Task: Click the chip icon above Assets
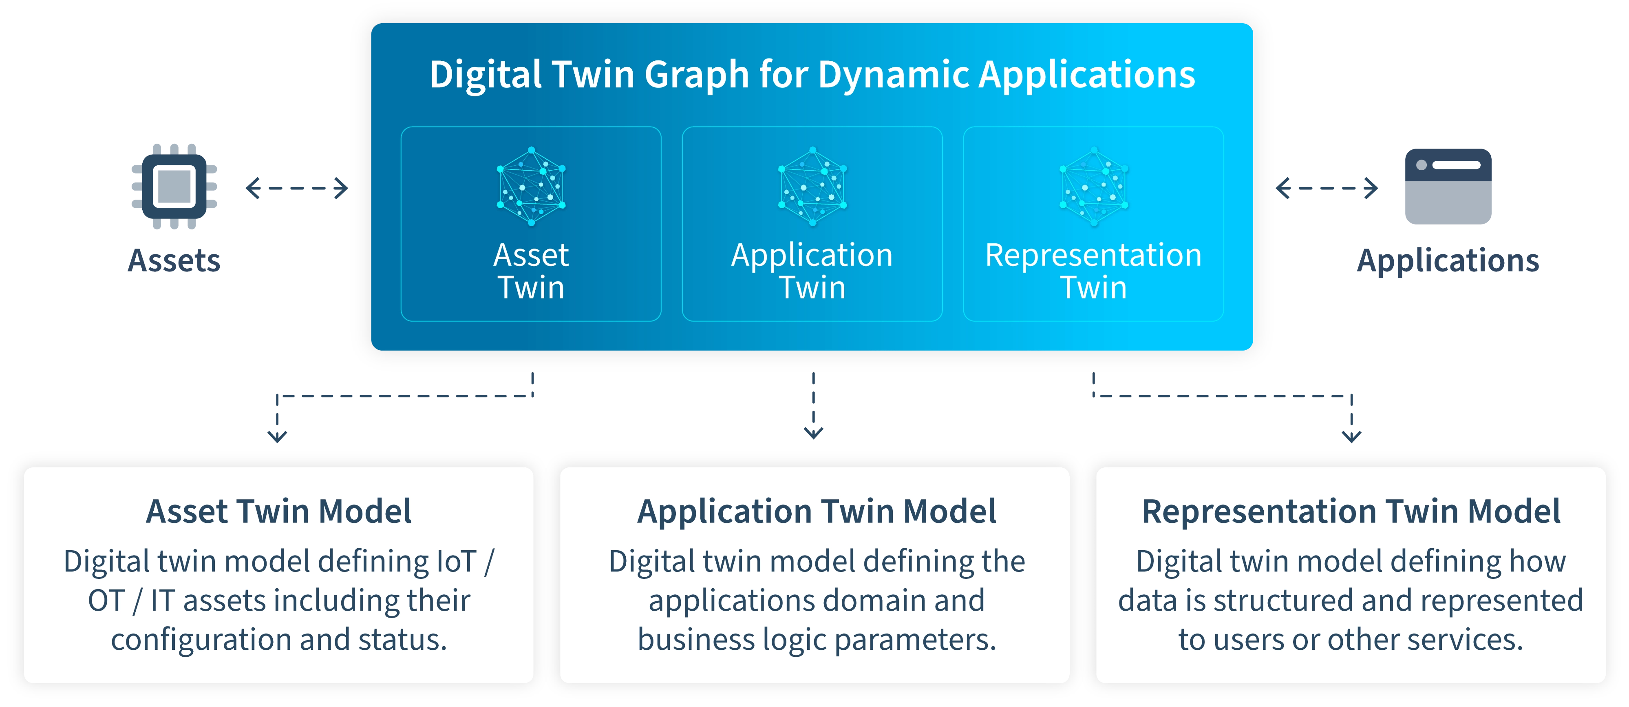(174, 186)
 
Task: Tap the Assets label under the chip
(174, 261)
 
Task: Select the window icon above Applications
(1448, 186)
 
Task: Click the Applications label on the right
(1448, 261)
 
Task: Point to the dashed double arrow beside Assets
(297, 188)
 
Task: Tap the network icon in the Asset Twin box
(531, 186)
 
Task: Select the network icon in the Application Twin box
(812, 186)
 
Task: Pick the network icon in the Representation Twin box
(1093, 186)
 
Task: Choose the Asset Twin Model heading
(278, 511)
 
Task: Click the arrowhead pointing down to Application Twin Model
(813, 432)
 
